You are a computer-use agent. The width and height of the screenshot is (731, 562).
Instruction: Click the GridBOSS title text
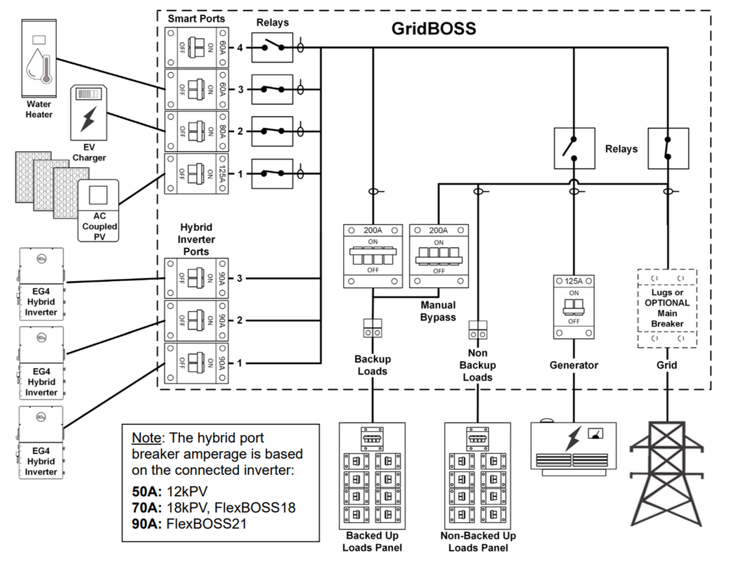[434, 28]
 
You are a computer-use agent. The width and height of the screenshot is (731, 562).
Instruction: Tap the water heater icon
[39, 58]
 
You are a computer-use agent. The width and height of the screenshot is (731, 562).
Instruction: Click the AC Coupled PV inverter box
[98, 211]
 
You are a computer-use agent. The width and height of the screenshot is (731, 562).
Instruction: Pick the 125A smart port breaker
[196, 174]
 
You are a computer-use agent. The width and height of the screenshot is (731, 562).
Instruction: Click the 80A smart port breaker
[196, 131]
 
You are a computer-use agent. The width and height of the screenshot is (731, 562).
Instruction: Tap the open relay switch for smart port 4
[272, 48]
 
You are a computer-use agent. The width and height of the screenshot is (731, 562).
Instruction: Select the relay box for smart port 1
[272, 174]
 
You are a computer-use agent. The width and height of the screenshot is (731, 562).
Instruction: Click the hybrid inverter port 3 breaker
[196, 278]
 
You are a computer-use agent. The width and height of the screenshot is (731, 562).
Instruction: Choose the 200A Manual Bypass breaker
[439, 256]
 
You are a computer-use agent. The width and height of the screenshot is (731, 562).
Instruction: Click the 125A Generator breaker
[574, 306]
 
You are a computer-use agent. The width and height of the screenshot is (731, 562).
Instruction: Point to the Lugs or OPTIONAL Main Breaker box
[667, 308]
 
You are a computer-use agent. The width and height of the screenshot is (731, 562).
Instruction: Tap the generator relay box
[574, 148]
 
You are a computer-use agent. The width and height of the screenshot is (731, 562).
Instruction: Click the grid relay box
[668, 148]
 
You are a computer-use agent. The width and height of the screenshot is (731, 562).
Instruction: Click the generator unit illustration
[574, 447]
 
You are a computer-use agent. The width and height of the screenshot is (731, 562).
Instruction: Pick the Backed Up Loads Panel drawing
[373, 476]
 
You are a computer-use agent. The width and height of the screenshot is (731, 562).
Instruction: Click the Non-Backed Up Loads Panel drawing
[478, 476]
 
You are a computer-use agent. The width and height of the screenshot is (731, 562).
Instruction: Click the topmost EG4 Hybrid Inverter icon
[41, 285]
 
